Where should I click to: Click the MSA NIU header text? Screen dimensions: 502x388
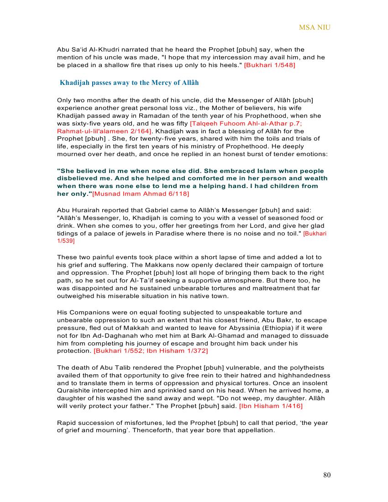(315, 27)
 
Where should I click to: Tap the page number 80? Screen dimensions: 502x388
(327, 475)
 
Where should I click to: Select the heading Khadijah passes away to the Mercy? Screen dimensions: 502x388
(129, 83)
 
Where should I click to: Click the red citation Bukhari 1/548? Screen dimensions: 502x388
(270, 65)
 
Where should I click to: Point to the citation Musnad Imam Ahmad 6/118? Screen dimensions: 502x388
(141, 194)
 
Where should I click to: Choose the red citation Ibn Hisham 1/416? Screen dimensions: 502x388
(271, 406)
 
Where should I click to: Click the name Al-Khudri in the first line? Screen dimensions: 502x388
(101, 49)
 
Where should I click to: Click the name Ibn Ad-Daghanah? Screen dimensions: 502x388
(90, 335)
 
